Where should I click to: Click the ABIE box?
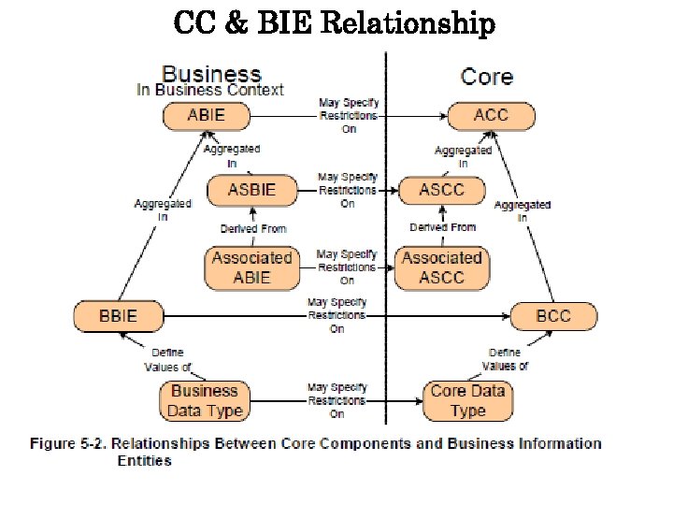click(x=207, y=116)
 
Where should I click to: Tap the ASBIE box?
click(x=252, y=190)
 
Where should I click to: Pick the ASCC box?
click(x=442, y=190)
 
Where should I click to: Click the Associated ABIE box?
click(x=251, y=267)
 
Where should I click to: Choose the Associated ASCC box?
click(x=442, y=267)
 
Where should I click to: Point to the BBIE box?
click(x=119, y=316)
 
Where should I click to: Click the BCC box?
click(x=553, y=316)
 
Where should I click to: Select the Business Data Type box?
click(x=205, y=401)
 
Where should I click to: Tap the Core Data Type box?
click(x=467, y=401)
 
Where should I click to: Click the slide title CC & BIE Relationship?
click(x=334, y=23)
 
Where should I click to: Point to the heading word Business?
click(x=211, y=74)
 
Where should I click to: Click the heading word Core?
click(x=487, y=76)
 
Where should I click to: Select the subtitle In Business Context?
click(x=209, y=91)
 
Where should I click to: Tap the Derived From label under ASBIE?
click(x=252, y=228)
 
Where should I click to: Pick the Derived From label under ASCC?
click(x=442, y=227)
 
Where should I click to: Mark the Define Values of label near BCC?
click(x=505, y=359)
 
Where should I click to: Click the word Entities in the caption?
click(x=145, y=460)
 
